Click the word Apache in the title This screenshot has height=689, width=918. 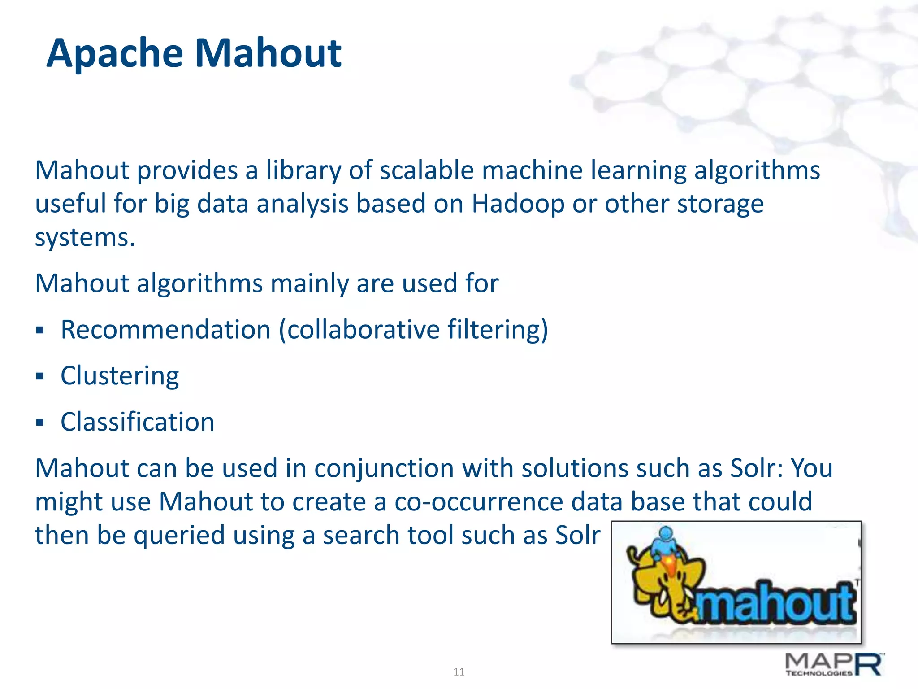115,54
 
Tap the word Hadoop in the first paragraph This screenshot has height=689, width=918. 518,204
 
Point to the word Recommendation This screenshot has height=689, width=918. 165,330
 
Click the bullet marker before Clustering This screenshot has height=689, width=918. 40,376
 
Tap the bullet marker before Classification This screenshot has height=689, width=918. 40,422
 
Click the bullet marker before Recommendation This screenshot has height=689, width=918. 40,330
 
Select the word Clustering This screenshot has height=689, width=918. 120,376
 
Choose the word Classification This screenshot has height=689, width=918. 138,422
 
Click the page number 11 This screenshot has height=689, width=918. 459,672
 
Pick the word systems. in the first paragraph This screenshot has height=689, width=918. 85,238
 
